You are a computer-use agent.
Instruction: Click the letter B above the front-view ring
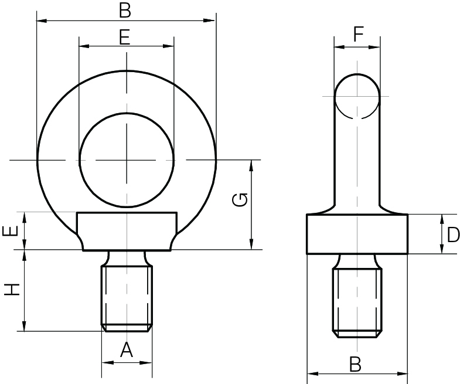pos(124,10)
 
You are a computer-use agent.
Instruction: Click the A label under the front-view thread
pos(127,351)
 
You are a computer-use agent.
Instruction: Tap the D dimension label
pos(452,235)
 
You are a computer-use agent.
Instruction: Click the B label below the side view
pos(355,364)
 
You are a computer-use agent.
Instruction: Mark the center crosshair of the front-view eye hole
pos(127,159)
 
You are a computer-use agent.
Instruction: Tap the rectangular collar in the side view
pos(357,234)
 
